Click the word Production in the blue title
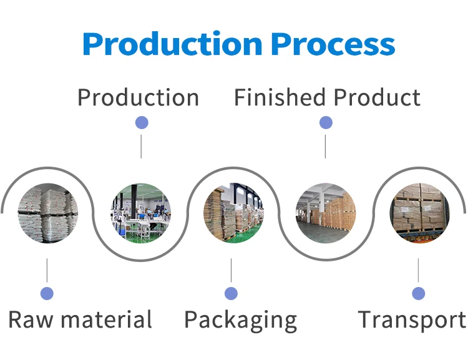point(171,45)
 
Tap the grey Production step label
point(138,98)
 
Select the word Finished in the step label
point(280,98)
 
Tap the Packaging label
point(240,321)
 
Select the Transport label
point(412,319)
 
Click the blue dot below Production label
point(142,123)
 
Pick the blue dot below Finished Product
point(326,123)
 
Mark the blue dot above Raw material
point(47,293)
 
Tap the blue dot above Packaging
point(232,293)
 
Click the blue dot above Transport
point(418,293)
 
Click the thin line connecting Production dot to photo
point(142,145)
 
